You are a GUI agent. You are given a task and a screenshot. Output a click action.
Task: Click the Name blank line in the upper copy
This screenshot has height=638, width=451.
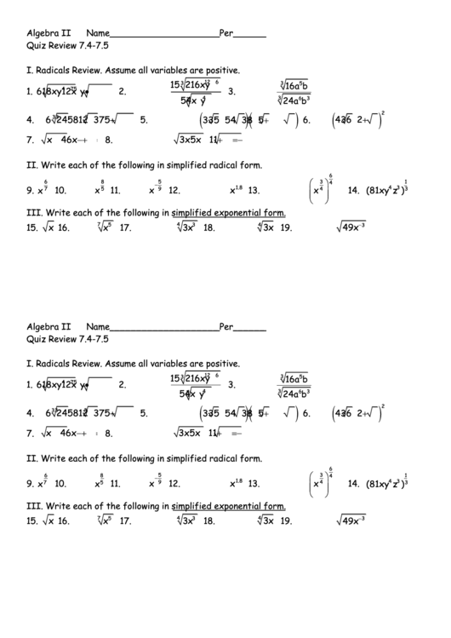[x=164, y=37]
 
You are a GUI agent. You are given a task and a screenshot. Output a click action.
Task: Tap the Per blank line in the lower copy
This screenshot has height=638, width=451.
[x=248, y=329]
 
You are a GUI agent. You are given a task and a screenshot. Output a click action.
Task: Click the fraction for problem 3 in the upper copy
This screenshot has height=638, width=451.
[x=294, y=92]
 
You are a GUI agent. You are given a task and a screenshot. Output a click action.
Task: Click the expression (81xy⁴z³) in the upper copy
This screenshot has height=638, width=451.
[x=385, y=191]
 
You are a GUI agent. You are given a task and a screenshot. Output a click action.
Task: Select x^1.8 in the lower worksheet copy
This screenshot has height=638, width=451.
[x=236, y=483]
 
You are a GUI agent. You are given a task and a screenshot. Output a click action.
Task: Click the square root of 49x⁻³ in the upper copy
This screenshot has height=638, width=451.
[x=350, y=227]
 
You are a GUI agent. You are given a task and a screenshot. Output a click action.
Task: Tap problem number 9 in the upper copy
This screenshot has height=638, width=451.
[x=30, y=191]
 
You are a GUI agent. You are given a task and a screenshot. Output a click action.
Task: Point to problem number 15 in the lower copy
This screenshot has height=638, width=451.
[x=32, y=520]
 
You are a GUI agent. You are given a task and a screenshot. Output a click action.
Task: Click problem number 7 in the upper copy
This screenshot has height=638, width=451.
[x=30, y=141]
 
